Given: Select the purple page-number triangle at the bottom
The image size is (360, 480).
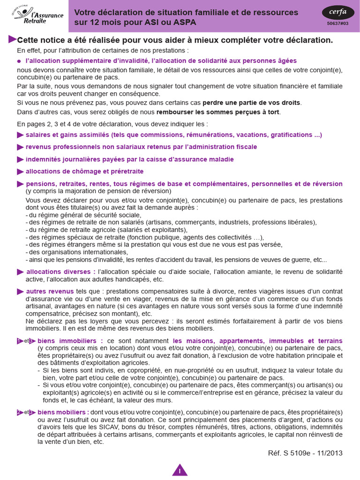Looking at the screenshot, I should [180, 470].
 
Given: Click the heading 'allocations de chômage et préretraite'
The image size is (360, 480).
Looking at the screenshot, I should [84, 172].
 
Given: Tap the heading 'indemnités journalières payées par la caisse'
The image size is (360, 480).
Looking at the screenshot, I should [129, 159].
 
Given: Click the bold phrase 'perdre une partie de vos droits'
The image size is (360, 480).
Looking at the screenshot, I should [251, 103].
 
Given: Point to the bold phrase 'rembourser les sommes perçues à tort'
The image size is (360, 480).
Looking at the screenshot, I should [218, 112].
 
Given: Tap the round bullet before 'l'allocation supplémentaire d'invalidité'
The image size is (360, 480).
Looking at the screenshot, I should [19, 61].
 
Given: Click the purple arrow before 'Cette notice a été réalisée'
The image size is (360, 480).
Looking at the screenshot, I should [12, 39].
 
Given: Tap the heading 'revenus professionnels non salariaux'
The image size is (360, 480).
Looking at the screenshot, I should [141, 147].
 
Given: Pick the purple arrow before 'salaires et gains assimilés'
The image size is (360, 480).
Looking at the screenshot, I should [20, 135].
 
